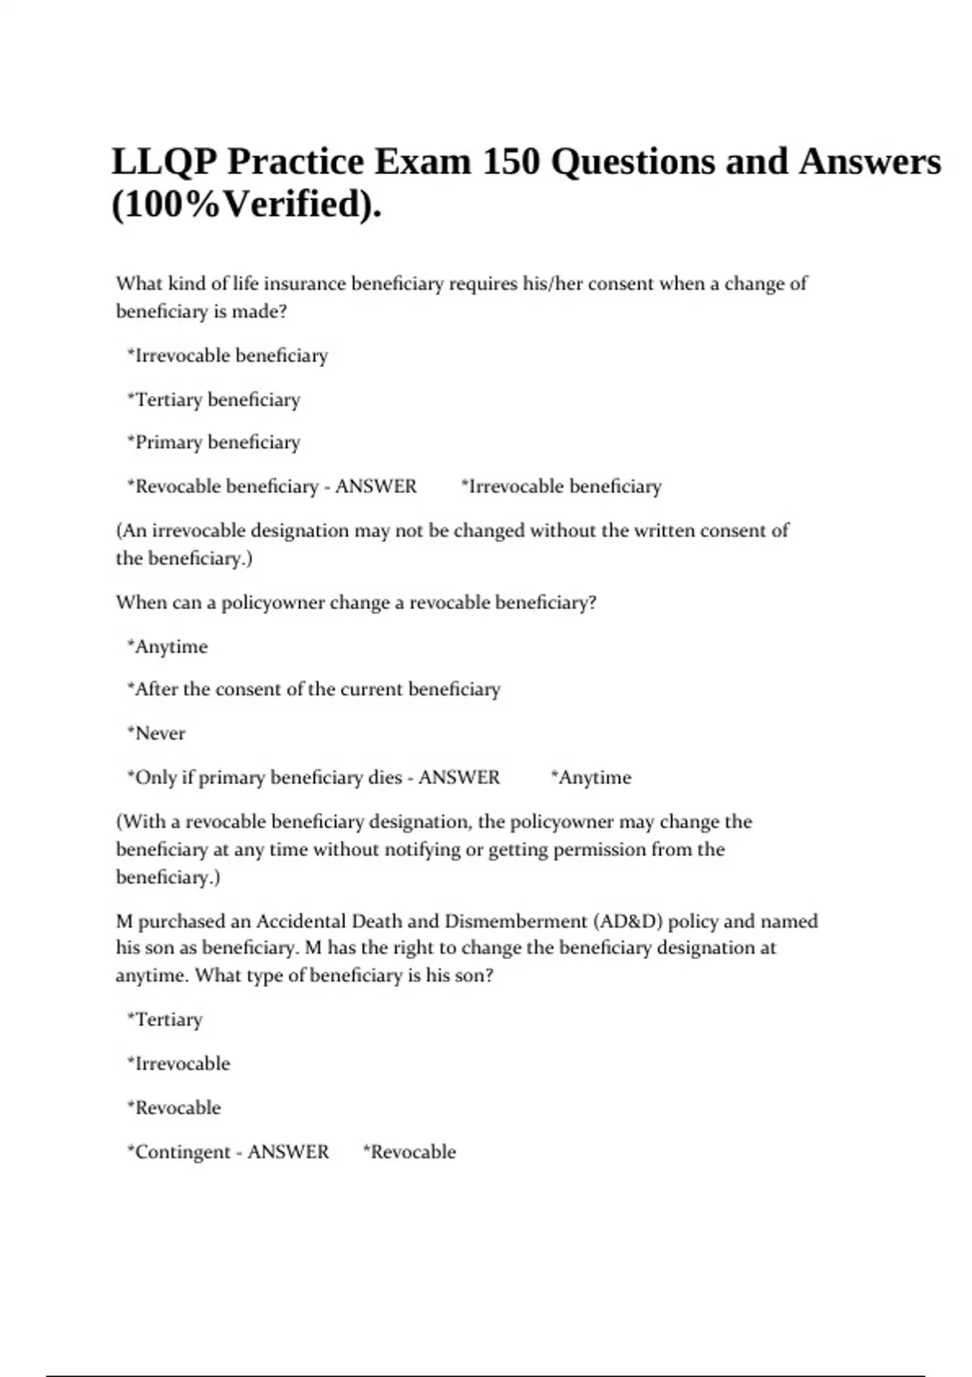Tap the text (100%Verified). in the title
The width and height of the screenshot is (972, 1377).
pos(246,204)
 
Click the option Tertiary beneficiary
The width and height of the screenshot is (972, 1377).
pos(214,400)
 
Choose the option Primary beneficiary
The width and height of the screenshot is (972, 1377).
pos(214,443)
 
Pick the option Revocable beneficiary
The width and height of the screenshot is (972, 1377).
pos(223,487)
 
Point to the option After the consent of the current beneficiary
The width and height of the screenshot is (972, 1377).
pos(314,689)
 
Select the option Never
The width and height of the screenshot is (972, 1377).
pos(156,734)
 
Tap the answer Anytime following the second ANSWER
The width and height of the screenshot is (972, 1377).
pos(591,778)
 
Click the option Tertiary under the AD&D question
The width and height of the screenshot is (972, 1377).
pos(165,1020)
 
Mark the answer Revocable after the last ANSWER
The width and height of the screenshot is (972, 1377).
pos(410,1153)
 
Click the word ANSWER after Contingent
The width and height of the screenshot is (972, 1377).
pos(288,1153)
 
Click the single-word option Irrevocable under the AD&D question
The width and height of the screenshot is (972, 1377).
pos(179,1064)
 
